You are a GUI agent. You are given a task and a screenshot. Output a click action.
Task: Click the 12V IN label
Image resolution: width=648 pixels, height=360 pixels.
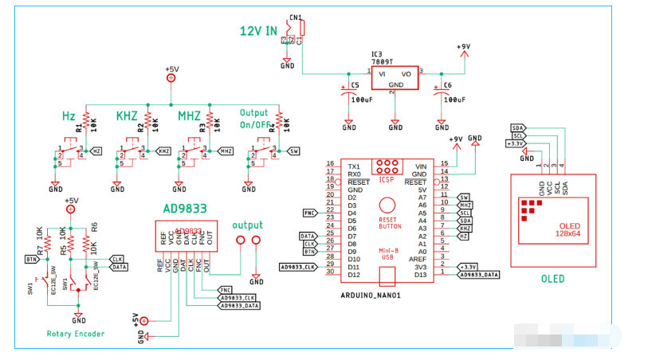click(x=259, y=31)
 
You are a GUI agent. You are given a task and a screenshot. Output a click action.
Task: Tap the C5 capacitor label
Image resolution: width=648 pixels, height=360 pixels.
click(x=355, y=84)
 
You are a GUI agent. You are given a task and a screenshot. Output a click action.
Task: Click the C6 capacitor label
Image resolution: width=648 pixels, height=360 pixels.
click(x=446, y=84)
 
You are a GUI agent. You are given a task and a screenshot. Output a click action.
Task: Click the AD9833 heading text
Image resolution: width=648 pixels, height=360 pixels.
click(x=185, y=209)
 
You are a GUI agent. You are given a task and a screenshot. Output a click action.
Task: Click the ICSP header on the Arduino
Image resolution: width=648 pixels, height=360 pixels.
click(x=387, y=169)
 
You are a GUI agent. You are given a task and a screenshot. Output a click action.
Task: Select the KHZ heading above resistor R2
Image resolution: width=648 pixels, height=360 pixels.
click(x=128, y=115)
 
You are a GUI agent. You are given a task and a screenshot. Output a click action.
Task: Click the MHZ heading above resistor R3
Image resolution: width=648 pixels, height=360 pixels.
click(x=189, y=115)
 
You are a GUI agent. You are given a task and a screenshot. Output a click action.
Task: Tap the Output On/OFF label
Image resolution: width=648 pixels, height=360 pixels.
click(x=254, y=118)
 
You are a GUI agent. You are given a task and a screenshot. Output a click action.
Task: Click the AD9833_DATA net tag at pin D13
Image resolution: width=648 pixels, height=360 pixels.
click(x=481, y=275)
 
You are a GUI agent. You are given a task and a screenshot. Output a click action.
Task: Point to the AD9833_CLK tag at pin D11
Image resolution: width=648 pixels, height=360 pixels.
click(x=298, y=267)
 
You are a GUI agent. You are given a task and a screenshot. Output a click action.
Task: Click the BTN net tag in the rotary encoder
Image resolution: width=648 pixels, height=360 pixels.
click(x=32, y=260)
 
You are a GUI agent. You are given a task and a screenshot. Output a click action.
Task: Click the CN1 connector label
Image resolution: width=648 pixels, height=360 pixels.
click(x=296, y=17)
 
